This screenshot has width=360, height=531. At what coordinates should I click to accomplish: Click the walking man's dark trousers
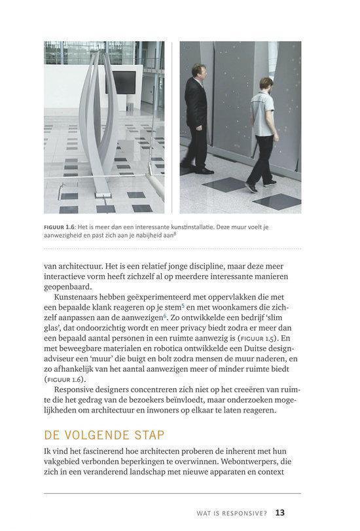point(261,154)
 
